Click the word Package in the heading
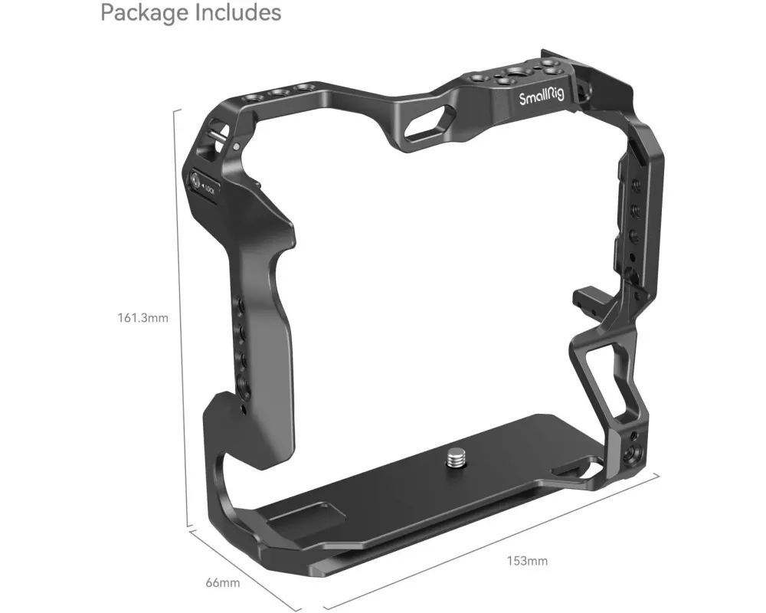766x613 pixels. (x=145, y=13)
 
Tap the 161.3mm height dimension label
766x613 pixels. (x=142, y=318)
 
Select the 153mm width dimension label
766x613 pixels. (x=527, y=561)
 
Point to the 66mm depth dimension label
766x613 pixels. (x=223, y=582)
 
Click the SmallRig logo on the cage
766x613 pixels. (x=542, y=96)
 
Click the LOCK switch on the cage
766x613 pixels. (x=202, y=185)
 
